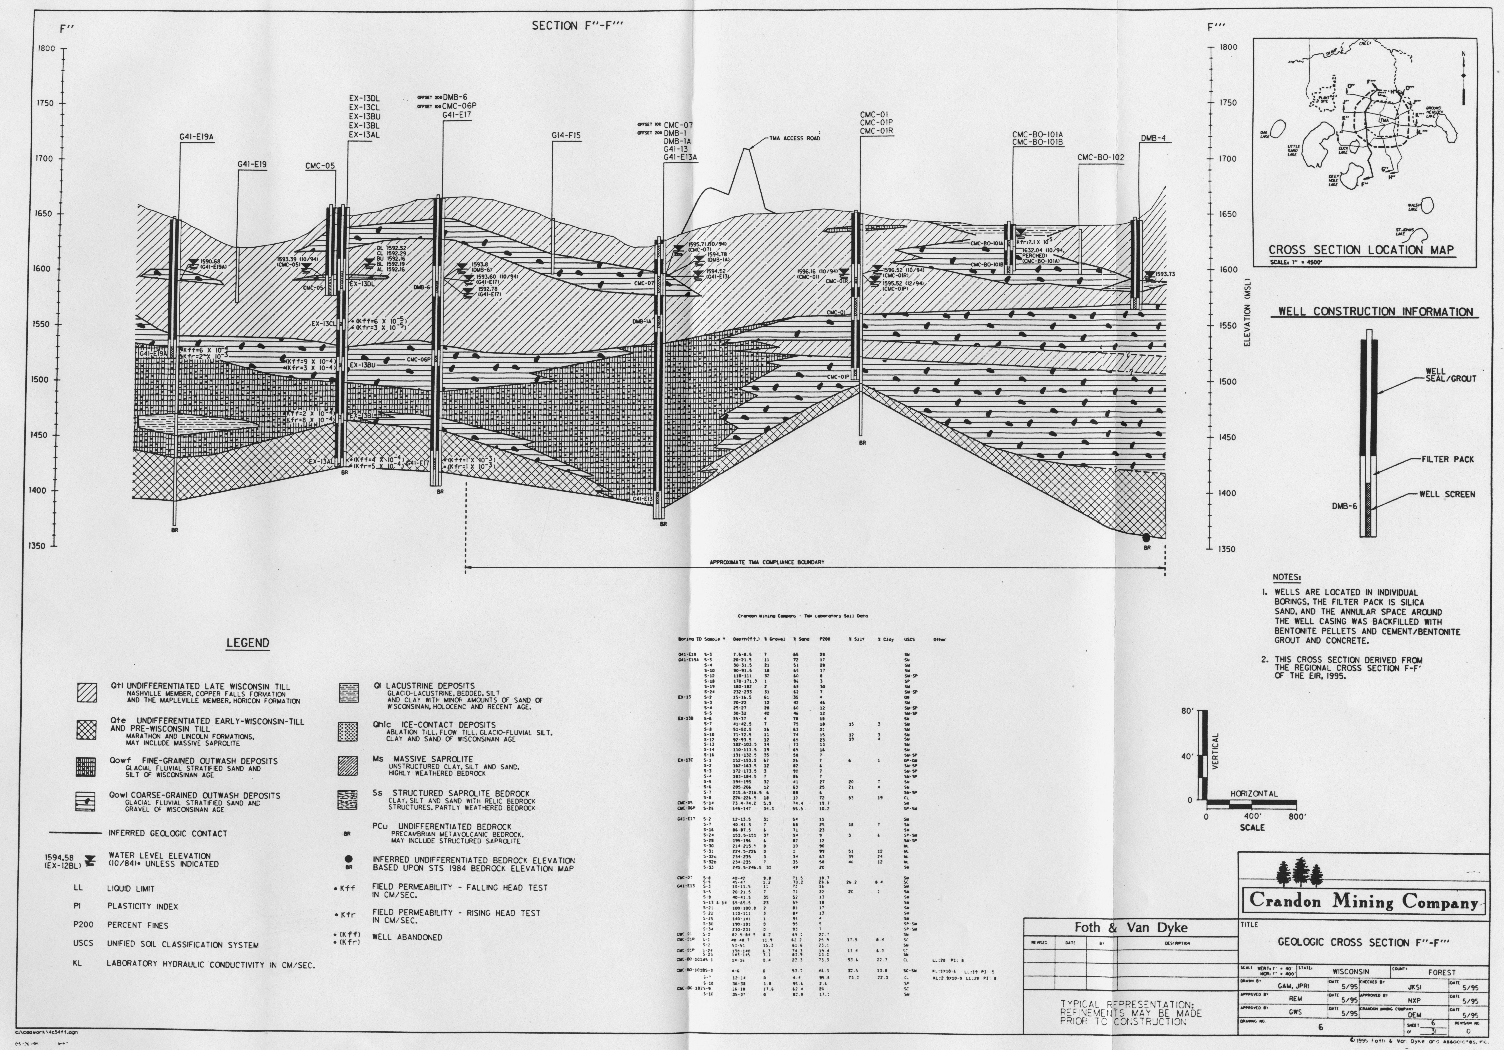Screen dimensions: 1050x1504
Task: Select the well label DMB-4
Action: click(x=1153, y=138)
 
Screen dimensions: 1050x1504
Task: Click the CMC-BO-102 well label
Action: click(x=1100, y=158)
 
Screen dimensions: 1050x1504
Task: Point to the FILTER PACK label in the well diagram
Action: click(x=1448, y=459)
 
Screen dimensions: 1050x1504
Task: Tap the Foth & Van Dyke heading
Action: click(x=1131, y=927)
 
